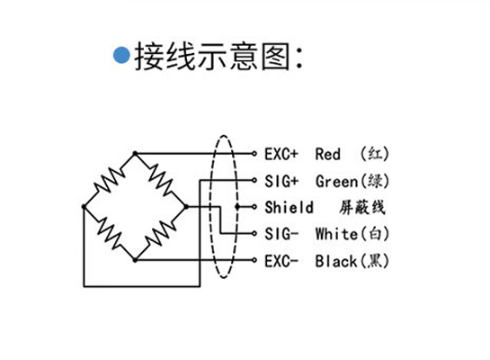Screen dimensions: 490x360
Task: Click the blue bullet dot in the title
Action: [x=121, y=55]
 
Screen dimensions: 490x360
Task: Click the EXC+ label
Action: [x=281, y=154]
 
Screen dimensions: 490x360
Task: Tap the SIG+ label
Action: [x=281, y=182]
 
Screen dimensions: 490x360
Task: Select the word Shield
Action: [x=289, y=207]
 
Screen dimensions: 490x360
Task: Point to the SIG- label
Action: [x=281, y=234]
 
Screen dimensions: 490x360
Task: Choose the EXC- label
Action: [x=281, y=261]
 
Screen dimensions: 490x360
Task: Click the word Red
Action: [x=327, y=154]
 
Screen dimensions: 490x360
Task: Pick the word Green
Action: [x=336, y=182]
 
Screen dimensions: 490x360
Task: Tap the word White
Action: [x=336, y=234]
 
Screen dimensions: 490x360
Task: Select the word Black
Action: [x=336, y=261]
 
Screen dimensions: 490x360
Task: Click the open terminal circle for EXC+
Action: [x=254, y=154]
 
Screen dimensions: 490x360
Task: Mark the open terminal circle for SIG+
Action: [x=254, y=180]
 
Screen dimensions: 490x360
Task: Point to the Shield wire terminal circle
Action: [x=254, y=207]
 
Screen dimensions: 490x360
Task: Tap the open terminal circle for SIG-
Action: [x=254, y=233]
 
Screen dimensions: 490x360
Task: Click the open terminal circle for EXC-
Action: [x=254, y=260]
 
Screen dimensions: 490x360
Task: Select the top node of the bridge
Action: [x=135, y=153]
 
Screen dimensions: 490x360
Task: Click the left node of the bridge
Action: [x=84, y=206]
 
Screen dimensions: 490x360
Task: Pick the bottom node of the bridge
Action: [x=135, y=259]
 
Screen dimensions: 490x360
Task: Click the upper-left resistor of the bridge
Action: [x=109, y=180]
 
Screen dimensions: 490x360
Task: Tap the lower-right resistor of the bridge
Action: [x=161, y=233]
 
